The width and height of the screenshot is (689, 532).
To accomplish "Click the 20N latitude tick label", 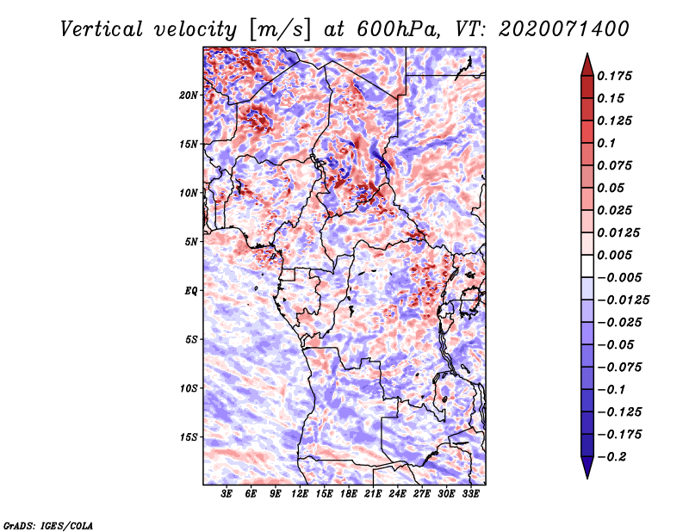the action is (189, 96).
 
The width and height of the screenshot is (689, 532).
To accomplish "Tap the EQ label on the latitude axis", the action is (191, 291).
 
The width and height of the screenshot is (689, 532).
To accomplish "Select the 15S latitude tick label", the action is (189, 437).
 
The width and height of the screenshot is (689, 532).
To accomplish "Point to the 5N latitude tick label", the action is (191, 242).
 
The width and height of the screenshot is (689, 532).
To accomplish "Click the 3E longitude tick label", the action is (227, 494).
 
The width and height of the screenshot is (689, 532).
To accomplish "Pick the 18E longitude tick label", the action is (348, 494).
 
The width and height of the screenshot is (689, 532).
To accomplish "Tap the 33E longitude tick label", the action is (470, 494).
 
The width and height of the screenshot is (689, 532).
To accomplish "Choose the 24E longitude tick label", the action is (397, 494).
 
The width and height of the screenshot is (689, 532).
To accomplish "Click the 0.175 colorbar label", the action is (614, 76).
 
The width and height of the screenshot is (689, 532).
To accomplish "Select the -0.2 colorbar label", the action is (611, 457).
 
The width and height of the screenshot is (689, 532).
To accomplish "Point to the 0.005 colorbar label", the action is (614, 255).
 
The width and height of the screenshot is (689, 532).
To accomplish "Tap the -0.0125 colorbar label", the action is (623, 300).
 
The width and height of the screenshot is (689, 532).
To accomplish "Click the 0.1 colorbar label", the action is (606, 143).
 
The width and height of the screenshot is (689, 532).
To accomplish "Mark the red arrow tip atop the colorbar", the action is (587, 53).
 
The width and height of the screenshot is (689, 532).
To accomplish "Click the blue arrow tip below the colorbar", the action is (587, 478).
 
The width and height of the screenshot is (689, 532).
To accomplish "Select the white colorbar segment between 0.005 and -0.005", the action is (587, 266).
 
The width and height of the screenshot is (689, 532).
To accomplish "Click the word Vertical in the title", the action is (102, 29).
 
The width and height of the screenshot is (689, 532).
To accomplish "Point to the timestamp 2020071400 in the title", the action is (564, 29).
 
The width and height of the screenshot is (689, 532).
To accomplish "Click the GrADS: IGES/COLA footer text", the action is (48, 526).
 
